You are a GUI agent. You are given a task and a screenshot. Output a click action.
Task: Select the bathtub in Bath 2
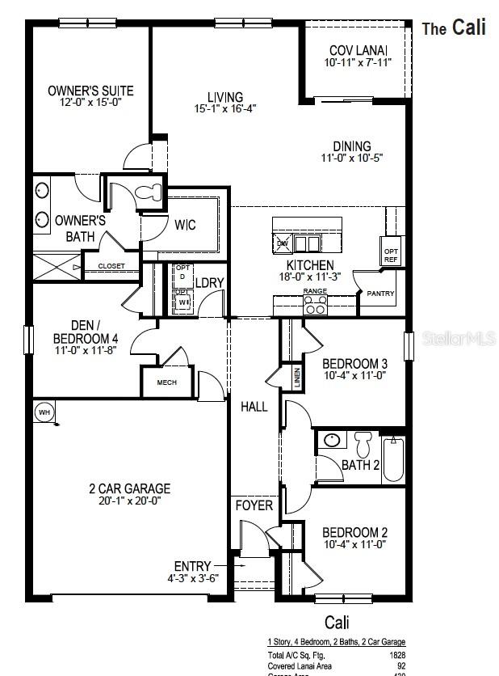click(x=393, y=459)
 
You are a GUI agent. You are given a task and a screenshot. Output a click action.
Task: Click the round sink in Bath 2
click(x=331, y=442)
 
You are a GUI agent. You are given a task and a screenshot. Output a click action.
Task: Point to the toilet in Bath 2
click(x=362, y=443)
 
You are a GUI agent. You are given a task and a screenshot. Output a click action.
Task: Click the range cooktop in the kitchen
click(x=316, y=305)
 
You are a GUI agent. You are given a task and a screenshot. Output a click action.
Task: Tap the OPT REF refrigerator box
click(x=391, y=255)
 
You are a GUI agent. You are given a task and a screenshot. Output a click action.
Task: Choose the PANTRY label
click(x=381, y=294)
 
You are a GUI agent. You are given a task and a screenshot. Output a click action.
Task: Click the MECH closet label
click(x=166, y=382)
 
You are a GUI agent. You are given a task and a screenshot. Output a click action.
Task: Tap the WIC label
click(x=185, y=226)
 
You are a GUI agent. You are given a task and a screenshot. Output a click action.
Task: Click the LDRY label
click(x=209, y=282)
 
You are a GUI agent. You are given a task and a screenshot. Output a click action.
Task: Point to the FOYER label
click(x=254, y=505)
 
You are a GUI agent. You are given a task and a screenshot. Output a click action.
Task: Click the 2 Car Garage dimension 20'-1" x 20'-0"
click(x=129, y=501)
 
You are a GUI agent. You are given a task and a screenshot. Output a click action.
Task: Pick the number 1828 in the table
click(x=396, y=655)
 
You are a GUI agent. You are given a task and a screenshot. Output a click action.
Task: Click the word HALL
click(x=254, y=407)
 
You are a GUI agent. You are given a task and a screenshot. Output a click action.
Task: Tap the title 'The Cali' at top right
click(x=454, y=27)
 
